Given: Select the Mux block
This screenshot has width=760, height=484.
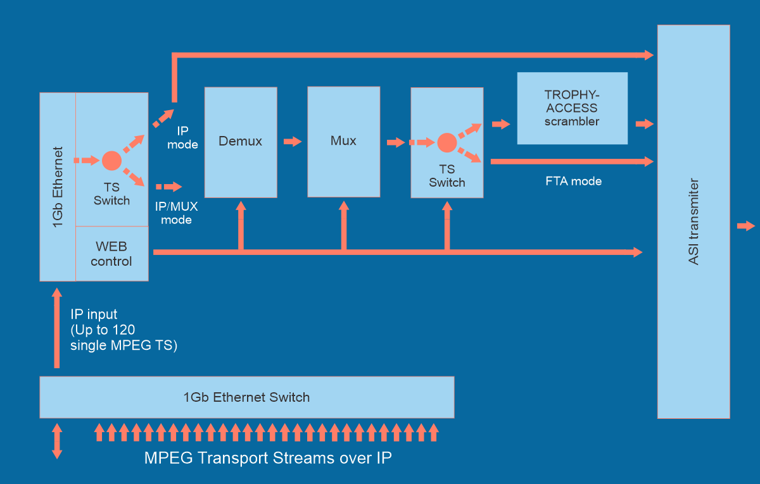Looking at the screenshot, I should point(343,141).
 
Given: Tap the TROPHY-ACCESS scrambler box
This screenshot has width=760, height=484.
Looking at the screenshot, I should point(572,108).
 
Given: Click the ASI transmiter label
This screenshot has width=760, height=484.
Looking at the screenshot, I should point(694,221).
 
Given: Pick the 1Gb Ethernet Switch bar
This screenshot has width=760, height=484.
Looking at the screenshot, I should point(246,397).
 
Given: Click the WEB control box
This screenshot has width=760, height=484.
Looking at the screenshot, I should point(111,253).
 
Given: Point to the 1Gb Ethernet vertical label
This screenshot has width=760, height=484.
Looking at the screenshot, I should point(58,187).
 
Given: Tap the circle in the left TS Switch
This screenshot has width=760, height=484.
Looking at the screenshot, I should point(111,161).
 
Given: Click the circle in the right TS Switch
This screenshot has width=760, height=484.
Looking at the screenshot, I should point(446,143).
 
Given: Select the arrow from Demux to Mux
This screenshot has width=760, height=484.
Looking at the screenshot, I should point(293,142).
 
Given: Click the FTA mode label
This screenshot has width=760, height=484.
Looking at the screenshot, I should point(573,182).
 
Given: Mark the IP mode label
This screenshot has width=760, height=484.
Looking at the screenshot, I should point(183,138).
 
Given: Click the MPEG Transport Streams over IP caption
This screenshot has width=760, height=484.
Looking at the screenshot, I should point(268,458).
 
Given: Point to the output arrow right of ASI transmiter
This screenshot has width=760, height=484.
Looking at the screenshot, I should point(746,226).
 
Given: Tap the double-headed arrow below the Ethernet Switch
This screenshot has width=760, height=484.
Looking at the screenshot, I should point(57,441).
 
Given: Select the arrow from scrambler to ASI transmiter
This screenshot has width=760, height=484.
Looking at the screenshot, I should point(644,124).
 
